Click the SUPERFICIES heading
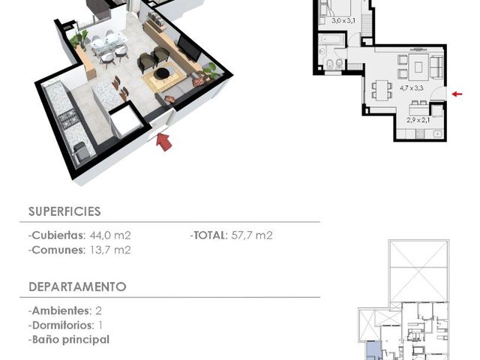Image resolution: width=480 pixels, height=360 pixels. (64, 211)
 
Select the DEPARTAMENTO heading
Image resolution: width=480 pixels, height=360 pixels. (77, 286)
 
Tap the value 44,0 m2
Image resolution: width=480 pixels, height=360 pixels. (110, 235)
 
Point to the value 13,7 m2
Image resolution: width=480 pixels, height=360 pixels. (110, 250)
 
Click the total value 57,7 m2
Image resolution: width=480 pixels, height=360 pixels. (252, 235)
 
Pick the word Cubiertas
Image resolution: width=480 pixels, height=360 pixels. (58, 235)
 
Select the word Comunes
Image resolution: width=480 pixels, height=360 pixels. (58, 250)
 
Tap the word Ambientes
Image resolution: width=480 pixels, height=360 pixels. (61, 310)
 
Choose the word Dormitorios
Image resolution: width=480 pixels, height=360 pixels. (62, 325)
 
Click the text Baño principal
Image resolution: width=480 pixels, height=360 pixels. (70, 340)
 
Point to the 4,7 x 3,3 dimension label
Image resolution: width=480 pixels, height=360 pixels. (412, 88)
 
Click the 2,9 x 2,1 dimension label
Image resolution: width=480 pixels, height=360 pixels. (418, 120)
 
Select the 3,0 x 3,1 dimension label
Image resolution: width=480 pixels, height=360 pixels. (343, 21)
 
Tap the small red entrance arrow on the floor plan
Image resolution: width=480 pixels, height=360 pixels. (457, 94)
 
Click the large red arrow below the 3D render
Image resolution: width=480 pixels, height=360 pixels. (163, 142)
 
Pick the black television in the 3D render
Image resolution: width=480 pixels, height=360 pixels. (189, 48)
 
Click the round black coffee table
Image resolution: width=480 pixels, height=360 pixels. (162, 73)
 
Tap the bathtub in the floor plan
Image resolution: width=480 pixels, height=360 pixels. (331, 39)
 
